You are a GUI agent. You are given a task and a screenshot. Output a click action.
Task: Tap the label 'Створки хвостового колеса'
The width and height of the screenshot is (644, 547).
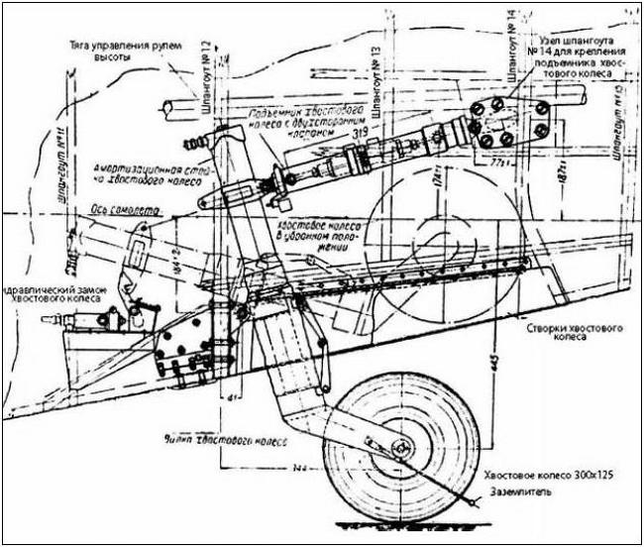click(x=564, y=330)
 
